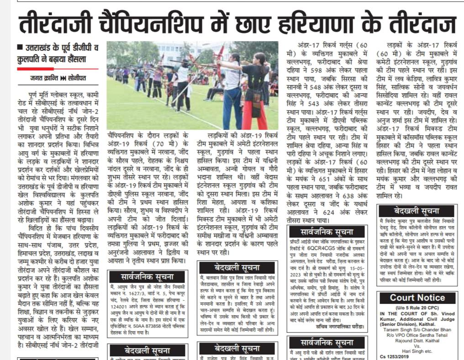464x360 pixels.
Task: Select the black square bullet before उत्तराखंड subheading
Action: click(19, 48)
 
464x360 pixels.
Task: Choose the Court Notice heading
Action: click(417, 297)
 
